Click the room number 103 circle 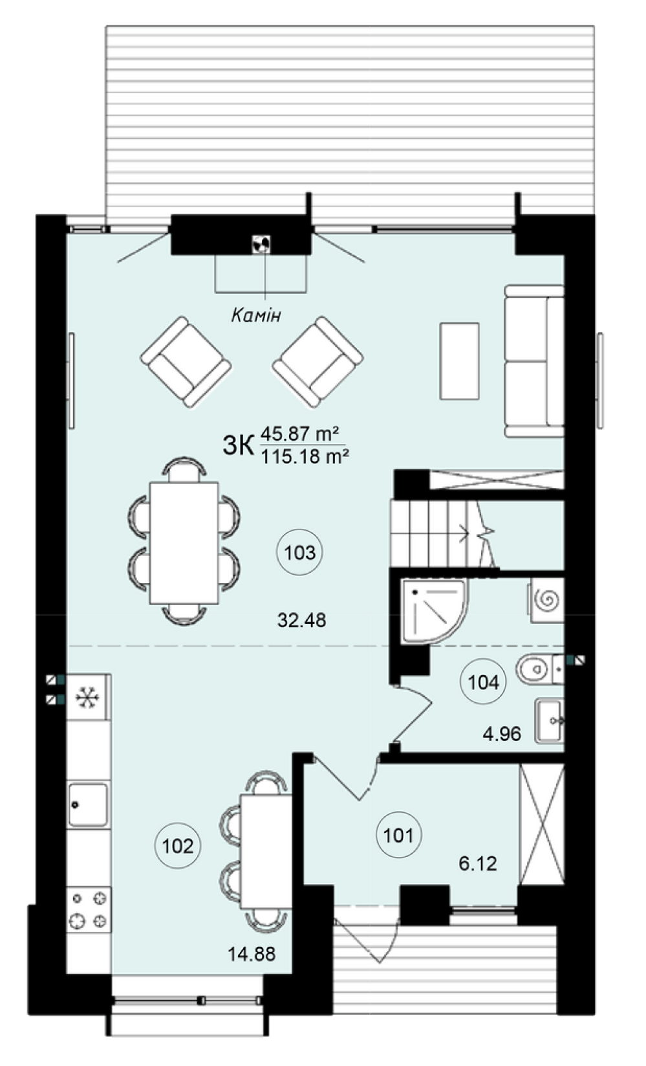[299, 553]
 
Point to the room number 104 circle [484, 682]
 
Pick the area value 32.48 [302, 620]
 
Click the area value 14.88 [252, 954]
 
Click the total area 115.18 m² [306, 457]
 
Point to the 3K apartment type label [238, 446]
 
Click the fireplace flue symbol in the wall [261, 244]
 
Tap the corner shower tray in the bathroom [434, 611]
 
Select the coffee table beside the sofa [459, 361]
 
